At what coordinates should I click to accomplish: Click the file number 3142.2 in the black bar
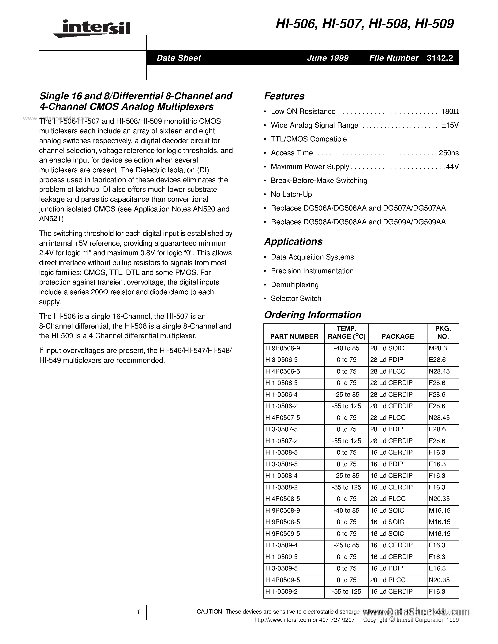pos(440,58)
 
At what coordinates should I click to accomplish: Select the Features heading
pos(284,96)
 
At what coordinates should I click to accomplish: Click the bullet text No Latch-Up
pos(291,194)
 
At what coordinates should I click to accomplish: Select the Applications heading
pos(293,241)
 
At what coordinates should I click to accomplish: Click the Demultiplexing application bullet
pos(294,285)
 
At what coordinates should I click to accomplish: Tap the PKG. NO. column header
pos(442,333)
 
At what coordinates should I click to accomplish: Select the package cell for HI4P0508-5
pos(388,499)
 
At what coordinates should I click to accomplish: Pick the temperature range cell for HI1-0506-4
pos(346,395)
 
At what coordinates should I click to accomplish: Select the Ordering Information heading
pos(312,315)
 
